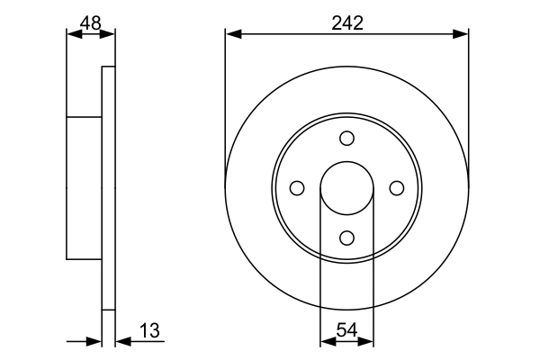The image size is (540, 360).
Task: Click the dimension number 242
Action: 347,23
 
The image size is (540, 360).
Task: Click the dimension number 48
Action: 91,23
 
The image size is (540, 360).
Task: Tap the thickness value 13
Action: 149,330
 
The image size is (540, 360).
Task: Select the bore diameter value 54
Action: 346,330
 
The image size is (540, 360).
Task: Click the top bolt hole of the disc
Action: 346,138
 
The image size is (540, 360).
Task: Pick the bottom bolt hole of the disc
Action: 346,238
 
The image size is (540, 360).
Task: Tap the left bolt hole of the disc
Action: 297,188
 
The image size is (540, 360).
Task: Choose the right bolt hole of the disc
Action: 397,188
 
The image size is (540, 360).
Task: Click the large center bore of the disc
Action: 346,188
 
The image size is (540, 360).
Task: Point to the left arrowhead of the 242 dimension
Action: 233,34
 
